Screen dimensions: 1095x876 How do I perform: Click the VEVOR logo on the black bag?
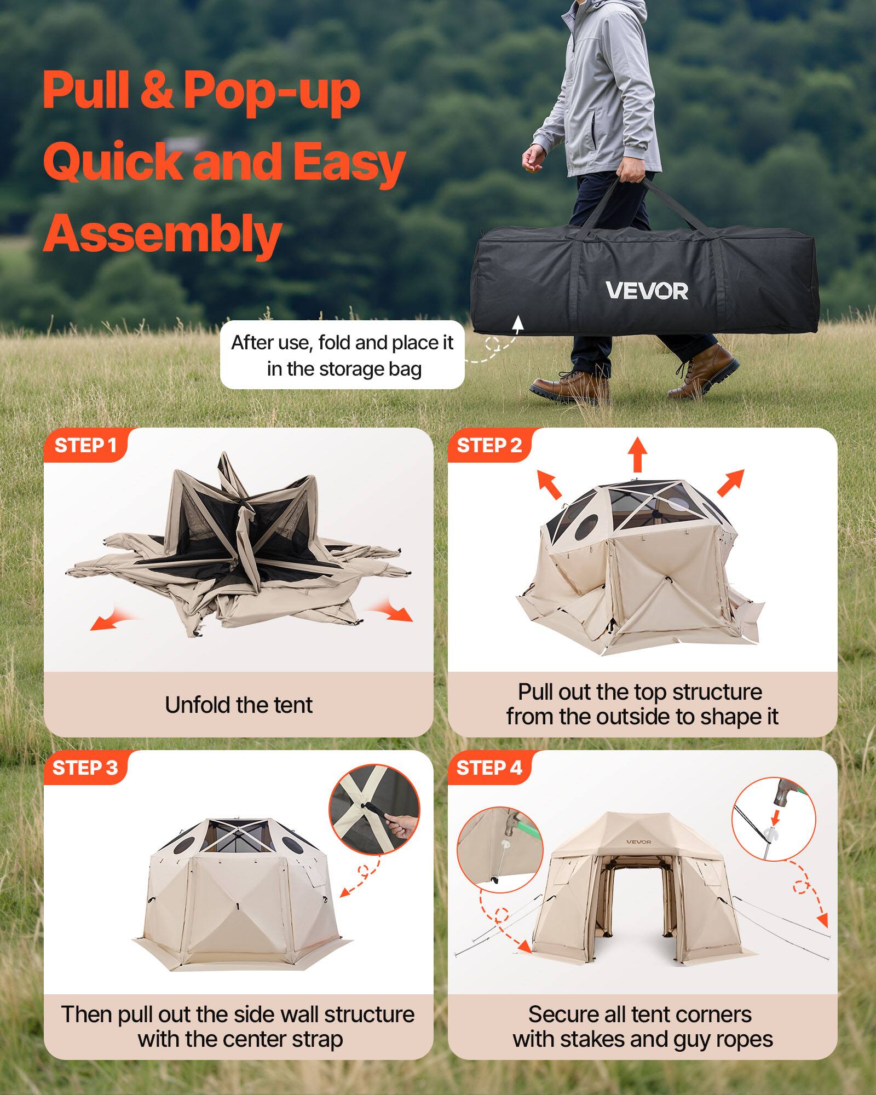click(647, 291)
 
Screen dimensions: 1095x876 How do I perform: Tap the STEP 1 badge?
click(85, 446)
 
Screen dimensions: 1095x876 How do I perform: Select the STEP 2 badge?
click(489, 446)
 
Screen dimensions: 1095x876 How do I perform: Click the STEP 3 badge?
click(85, 768)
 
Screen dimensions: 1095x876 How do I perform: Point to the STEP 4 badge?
click(489, 768)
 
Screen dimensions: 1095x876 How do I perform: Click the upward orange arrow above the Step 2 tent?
click(637, 454)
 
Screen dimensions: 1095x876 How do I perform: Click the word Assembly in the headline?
click(162, 234)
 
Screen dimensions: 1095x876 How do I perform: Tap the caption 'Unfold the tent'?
click(239, 705)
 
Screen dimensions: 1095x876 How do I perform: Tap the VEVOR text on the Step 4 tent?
click(638, 842)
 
